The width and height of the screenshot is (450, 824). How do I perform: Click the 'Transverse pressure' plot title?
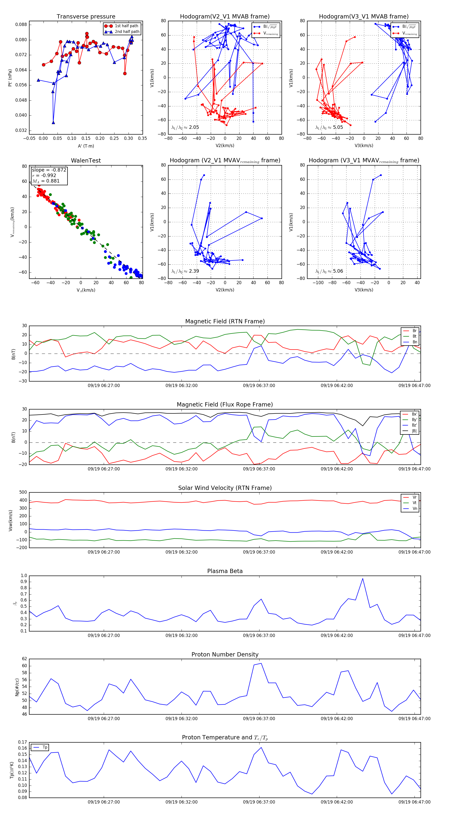[x=86, y=17]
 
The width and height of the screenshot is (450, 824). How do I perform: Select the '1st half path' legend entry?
[x=126, y=26]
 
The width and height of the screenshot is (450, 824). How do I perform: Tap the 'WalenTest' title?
[x=86, y=161]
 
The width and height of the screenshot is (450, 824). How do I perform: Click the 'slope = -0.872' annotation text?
[x=49, y=170]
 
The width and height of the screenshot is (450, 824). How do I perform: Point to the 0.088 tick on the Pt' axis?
[x=21, y=25]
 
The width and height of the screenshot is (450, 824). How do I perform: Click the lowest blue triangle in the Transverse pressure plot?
[x=53, y=123]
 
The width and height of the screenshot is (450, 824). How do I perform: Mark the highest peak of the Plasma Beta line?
[x=362, y=579]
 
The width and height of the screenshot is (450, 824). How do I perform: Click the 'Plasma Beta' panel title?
[x=225, y=571]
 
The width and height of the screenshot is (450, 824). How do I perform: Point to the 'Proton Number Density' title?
[x=225, y=654]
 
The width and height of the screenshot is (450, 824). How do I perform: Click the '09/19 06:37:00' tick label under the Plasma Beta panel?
[x=259, y=635]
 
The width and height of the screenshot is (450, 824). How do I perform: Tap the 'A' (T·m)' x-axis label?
[x=86, y=146]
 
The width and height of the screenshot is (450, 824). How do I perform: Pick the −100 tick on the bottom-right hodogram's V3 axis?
[x=318, y=282]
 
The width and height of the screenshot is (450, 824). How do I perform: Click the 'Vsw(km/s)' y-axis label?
[x=10, y=520]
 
